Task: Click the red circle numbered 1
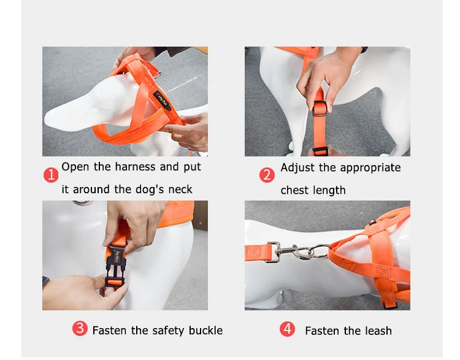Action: pos(51,175)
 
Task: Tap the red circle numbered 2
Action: pos(267,175)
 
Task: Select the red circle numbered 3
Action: pos(80,328)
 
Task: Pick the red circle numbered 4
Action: pos(287,329)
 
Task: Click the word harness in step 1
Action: pos(135,167)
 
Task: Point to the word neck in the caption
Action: pos(180,190)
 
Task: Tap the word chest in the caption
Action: pos(295,190)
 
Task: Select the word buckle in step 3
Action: pos(205,331)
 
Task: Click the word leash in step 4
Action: pos(378,331)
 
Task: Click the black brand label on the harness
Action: pos(162,101)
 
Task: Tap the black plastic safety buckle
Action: pos(116,265)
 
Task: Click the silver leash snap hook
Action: pos(297,252)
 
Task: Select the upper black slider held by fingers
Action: pos(319,109)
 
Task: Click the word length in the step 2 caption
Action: pos(330,191)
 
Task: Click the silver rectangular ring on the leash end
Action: pos(274,251)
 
